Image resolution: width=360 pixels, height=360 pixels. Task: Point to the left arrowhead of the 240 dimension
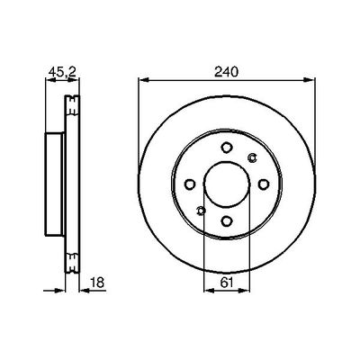[x=142, y=80]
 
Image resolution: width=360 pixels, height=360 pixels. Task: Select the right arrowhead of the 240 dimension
[x=313, y=80]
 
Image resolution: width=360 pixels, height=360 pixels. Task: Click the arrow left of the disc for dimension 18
[x=64, y=289]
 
